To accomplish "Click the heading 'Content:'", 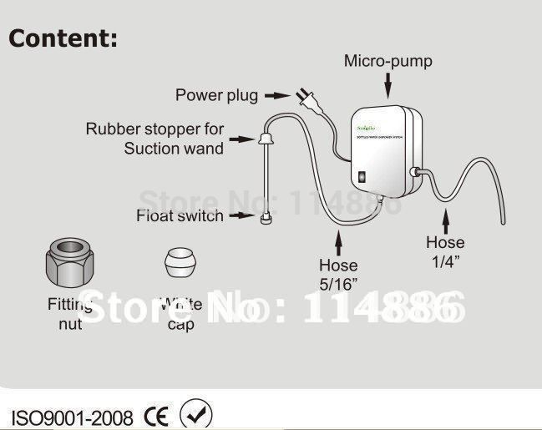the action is click(63, 38).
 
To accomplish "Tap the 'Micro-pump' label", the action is click(388, 61).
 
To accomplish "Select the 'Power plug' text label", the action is click(216, 94).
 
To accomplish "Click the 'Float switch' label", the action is click(180, 216).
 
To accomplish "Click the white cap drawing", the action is click(181, 264).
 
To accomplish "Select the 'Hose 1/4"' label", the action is click(445, 251).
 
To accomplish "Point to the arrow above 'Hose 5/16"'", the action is click(338, 243).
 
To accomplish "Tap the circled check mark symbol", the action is click(196, 415).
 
